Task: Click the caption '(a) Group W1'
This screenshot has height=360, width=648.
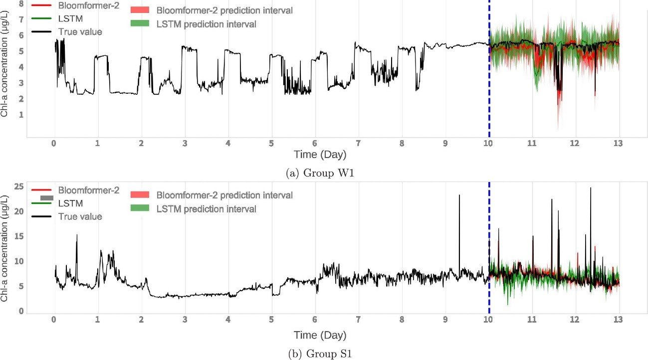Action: (320, 173)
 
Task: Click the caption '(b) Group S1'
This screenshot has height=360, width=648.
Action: (320, 354)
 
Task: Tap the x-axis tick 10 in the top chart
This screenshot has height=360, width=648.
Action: (488, 144)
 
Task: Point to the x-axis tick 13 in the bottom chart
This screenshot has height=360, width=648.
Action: (618, 320)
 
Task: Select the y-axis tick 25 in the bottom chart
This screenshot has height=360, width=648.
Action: (19, 186)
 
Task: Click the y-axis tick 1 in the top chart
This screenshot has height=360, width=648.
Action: (21, 115)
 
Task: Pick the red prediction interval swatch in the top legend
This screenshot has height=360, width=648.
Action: (140, 10)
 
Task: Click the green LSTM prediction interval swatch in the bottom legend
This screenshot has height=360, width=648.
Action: (140, 208)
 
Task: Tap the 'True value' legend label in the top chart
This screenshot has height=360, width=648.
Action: (80, 32)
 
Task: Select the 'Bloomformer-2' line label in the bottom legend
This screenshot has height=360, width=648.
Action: (88, 190)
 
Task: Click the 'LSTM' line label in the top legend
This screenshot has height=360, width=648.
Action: (70, 19)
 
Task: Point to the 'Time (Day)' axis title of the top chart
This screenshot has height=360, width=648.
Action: (320, 155)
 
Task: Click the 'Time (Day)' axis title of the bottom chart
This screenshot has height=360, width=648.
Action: (320, 335)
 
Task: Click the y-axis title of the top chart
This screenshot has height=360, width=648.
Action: (4, 64)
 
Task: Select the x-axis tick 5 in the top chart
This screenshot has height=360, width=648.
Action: (271, 144)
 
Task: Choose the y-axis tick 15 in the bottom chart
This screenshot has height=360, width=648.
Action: (19, 236)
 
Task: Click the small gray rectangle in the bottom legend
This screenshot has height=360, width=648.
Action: (46, 198)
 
